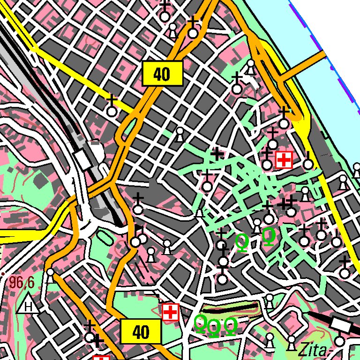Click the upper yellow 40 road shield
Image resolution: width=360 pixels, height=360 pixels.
click(x=162, y=74)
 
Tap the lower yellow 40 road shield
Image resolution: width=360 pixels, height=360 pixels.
click(x=141, y=332)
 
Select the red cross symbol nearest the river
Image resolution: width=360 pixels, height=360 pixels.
click(x=284, y=160)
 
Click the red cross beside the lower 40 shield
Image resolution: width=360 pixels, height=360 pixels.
click(x=171, y=312)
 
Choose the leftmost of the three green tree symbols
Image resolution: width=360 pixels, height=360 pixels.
click(x=200, y=323)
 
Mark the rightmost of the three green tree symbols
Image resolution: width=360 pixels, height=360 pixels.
click(x=231, y=325)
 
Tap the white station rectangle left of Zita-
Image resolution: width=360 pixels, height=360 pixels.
click(x=339, y=323)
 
